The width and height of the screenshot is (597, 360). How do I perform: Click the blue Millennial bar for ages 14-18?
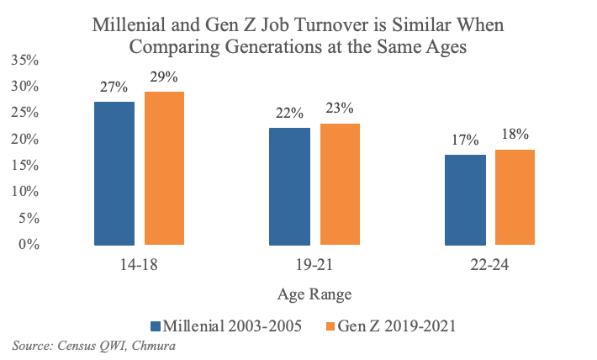click(x=114, y=173)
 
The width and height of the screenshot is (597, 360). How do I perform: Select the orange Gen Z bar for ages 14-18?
click(x=164, y=168)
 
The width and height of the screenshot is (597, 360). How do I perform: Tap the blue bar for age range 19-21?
click(x=289, y=187)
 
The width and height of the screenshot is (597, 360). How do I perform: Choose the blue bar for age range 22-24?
click(x=464, y=199)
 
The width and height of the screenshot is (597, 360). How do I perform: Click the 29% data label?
click(x=164, y=77)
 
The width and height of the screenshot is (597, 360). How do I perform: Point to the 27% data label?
click(x=114, y=87)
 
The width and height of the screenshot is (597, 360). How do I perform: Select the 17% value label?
click(x=464, y=140)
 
